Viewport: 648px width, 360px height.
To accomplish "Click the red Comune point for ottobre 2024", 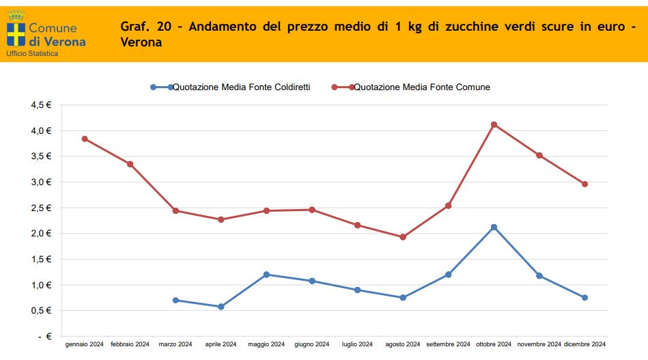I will click(494, 124).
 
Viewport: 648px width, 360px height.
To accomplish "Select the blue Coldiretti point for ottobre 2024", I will click(494, 227).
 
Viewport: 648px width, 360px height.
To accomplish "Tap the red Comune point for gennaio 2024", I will click(85, 139).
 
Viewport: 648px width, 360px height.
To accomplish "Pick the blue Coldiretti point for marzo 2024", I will click(175, 301).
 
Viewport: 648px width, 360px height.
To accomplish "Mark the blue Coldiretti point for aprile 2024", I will click(221, 307).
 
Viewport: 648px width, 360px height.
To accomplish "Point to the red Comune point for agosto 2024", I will click(403, 237).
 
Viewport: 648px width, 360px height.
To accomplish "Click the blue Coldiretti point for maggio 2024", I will click(266, 275).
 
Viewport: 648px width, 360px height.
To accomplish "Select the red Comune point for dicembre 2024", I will click(584, 184).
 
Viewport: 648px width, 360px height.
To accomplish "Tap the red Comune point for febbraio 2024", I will click(130, 164).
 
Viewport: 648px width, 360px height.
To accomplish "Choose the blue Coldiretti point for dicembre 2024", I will click(584, 298).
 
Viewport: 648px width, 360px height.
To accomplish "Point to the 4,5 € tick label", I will click(41, 105).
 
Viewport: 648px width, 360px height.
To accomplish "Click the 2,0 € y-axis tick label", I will click(41, 234).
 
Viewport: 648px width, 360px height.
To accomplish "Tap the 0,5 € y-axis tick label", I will click(41, 311).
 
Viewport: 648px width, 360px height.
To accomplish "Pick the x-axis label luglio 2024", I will click(357, 344).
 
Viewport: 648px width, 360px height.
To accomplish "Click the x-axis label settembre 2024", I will click(448, 344).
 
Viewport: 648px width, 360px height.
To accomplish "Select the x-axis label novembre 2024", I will click(539, 344).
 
